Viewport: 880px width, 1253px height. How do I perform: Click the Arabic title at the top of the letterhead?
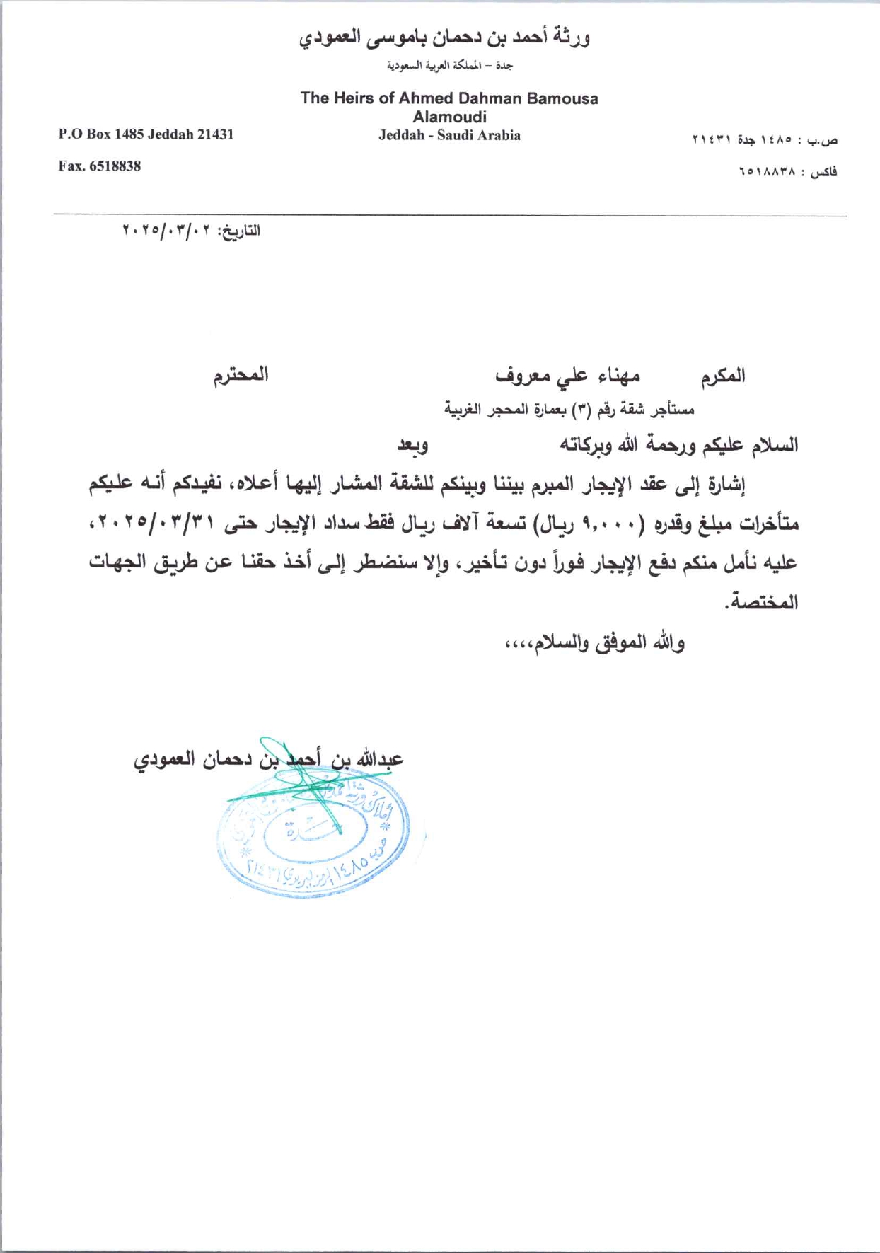[444, 37]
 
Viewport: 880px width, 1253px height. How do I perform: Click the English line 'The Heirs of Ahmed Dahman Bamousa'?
[449, 98]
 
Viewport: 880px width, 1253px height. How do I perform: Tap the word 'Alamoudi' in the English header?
[449, 117]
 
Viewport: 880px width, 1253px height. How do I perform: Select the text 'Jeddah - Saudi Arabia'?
[449, 135]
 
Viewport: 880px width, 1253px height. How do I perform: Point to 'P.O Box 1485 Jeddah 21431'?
[146, 134]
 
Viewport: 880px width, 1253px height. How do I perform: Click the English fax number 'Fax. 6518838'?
[99, 166]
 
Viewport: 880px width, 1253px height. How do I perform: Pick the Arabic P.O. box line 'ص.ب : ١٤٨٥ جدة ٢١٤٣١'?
[764, 140]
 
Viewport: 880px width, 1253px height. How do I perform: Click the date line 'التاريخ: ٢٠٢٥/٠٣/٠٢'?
[191, 231]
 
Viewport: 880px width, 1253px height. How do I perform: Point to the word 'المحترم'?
[241, 375]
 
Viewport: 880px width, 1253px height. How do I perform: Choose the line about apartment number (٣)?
[569, 410]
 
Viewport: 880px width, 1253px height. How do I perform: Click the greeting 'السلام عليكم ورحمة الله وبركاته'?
[679, 445]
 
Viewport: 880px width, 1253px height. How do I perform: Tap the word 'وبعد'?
[412, 445]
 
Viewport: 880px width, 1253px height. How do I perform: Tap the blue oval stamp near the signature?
[313, 835]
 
